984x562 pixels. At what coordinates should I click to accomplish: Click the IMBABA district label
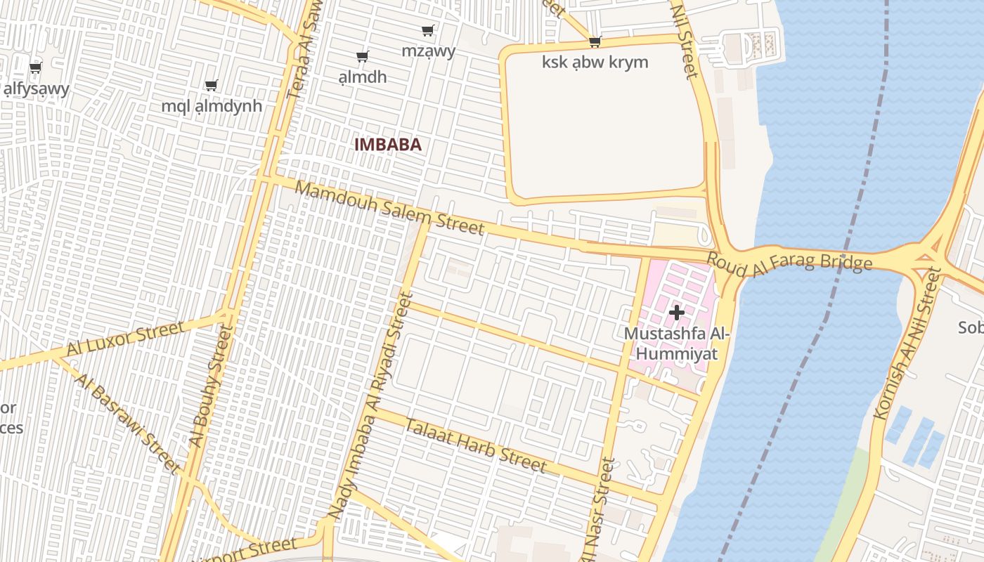388,145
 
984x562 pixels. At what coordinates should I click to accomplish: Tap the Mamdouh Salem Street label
389,208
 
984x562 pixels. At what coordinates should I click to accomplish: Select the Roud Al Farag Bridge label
789,261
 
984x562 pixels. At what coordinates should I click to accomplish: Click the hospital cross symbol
677,312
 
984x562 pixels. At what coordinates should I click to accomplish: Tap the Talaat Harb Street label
475,445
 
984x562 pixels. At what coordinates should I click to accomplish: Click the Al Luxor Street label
126,339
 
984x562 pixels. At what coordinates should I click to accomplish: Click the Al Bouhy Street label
210,386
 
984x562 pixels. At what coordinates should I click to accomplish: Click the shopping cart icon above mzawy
427,30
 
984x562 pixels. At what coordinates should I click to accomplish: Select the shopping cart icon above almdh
362,56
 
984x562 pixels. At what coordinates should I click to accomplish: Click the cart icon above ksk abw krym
595,41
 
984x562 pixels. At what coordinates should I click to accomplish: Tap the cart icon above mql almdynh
211,85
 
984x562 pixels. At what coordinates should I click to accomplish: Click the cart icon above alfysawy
35,67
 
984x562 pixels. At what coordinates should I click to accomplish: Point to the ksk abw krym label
595,62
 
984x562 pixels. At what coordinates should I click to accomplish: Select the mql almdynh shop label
212,106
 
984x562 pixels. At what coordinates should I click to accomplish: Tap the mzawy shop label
428,51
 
